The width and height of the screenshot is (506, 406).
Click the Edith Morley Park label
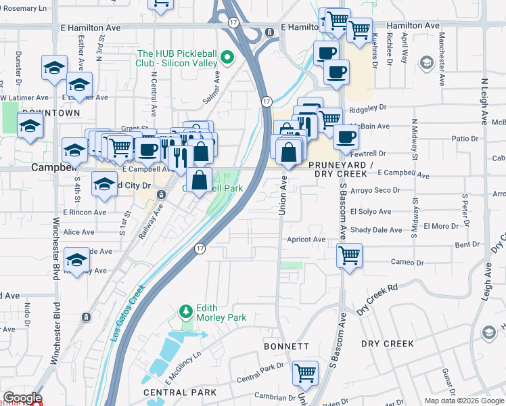point(221,312)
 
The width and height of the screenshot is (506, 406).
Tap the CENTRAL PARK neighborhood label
point(179,392)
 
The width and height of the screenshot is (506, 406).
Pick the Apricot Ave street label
point(306,240)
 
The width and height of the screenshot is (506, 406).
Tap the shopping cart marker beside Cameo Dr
point(349,256)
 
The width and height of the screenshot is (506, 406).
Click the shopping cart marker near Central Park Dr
point(305,371)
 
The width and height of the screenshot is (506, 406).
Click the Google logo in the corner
point(22,398)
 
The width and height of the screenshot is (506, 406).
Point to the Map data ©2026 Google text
point(464,401)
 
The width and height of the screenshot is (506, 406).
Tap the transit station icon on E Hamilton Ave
point(269,32)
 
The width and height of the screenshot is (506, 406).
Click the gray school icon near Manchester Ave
point(426,64)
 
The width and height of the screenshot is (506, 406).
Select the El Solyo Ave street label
point(371,212)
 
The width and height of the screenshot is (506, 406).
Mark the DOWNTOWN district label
point(47,113)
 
